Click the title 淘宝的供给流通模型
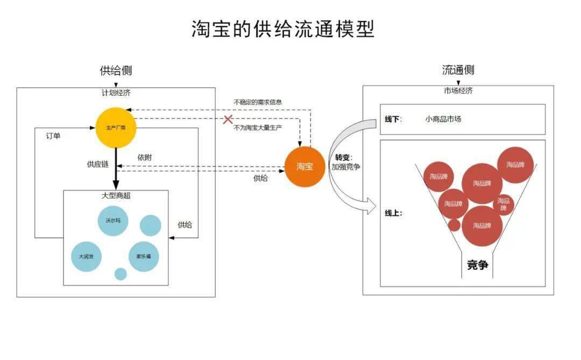[283, 29]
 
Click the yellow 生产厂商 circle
[115, 128]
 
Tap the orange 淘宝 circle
[304, 166]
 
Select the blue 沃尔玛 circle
[113, 220]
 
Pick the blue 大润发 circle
[86, 256]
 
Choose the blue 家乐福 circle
[144, 256]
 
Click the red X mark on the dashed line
[228, 119]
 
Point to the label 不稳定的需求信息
[258, 102]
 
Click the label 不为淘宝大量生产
[258, 128]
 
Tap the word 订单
[53, 136]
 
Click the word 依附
[144, 158]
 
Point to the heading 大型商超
[116, 195]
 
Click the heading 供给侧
[116, 70]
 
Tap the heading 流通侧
[458, 70]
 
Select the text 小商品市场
[443, 119]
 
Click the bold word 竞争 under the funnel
[477, 265]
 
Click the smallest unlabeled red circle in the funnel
[455, 225]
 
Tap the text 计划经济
[116, 93]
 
